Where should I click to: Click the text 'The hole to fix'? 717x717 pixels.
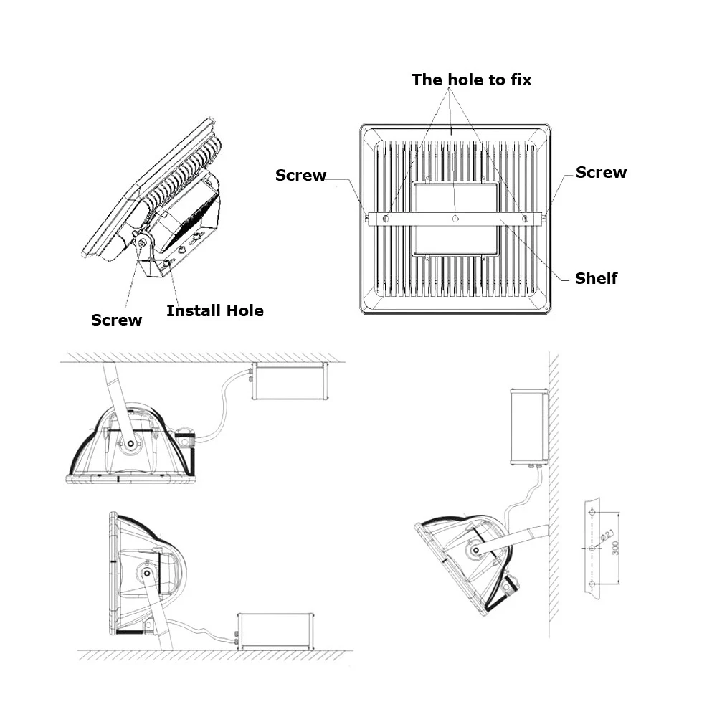coord(471,80)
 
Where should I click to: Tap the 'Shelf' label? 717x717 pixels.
coord(596,278)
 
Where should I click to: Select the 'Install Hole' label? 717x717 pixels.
coord(214,310)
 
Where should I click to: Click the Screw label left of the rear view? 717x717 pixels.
coord(300,175)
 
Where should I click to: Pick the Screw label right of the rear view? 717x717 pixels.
coord(601,172)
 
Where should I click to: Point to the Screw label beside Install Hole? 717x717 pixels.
coord(116,320)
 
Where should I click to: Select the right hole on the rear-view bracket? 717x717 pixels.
coord(525,217)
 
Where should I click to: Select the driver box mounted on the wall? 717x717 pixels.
coord(529,426)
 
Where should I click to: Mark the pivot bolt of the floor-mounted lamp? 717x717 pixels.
coord(148,573)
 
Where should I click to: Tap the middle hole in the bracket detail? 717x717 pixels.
coord(591,549)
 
